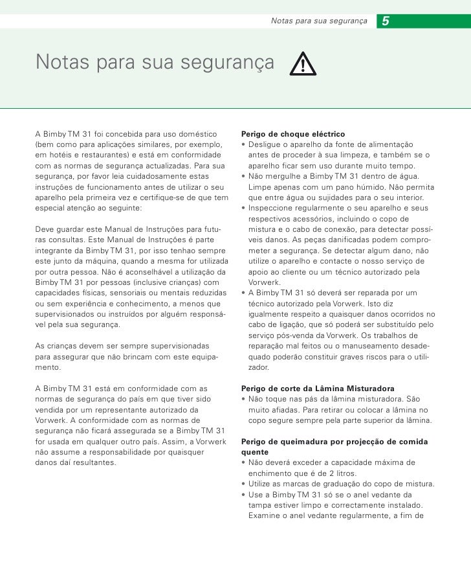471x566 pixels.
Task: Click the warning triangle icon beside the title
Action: pyautogui.click(x=301, y=63)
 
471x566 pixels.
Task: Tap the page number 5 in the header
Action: pyautogui.click(x=386, y=22)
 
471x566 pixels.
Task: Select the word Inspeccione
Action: pyautogui.click(x=276, y=209)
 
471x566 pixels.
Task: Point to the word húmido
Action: pyautogui.click(x=355, y=187)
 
